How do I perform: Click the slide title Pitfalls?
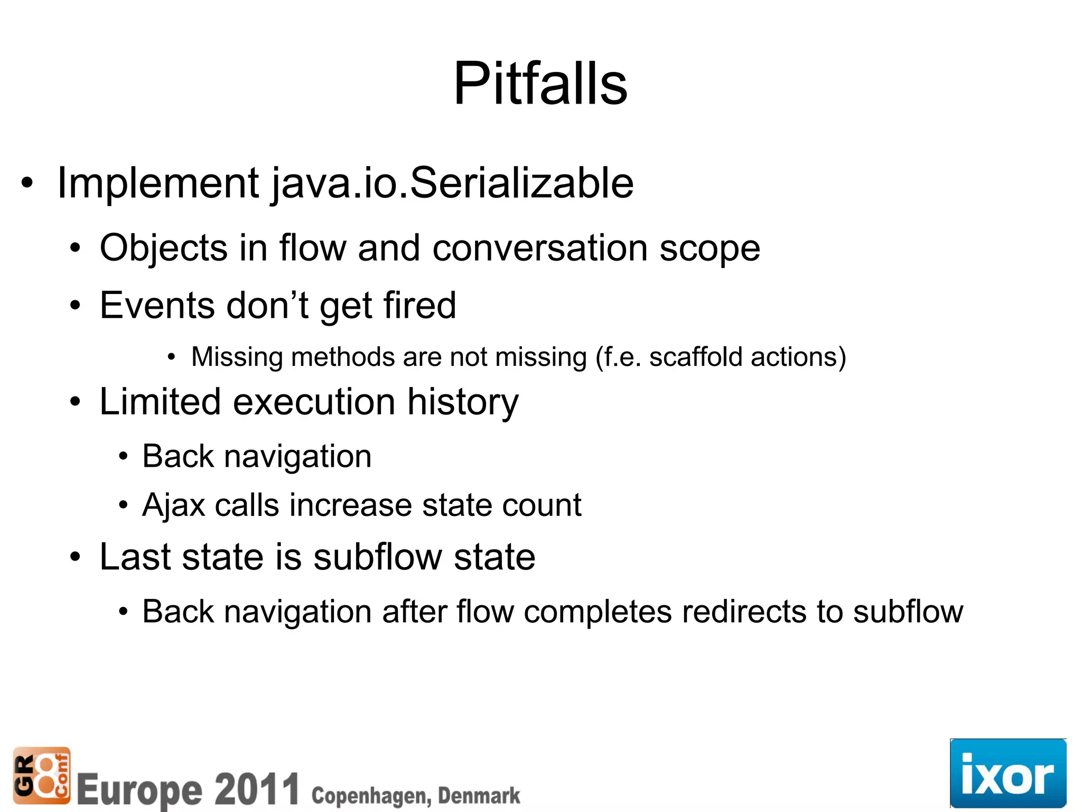point(540,84)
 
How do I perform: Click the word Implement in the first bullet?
point(157,183)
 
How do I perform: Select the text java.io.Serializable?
point(453,183)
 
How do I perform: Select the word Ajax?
point(173,505)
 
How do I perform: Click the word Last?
point(135,557)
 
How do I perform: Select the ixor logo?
point(1008,773)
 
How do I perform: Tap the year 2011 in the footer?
point(257,789)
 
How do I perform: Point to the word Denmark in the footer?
point(479,796)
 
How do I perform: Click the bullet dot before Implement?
point(27,183)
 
